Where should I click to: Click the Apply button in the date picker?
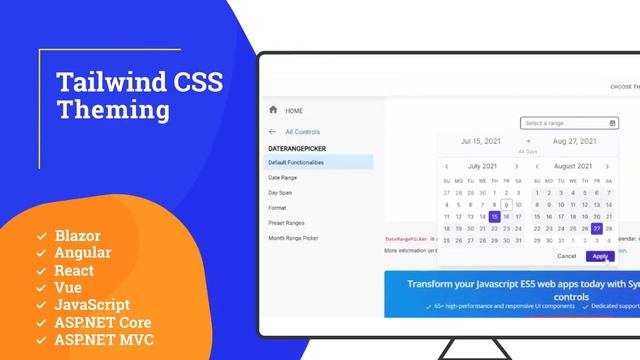coord(599,256)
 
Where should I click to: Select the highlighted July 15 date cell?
coord(494,216)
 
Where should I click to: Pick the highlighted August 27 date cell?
coord(597,228)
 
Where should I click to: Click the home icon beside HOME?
coord(272,109)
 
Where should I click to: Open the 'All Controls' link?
coord(302,131)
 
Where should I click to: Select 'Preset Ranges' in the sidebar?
coord(288,222)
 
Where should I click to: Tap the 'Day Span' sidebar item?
coord(281,192)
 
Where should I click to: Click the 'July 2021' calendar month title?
coord(482,166)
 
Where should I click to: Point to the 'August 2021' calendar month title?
coord(573,166)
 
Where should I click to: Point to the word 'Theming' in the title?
coord(113,108)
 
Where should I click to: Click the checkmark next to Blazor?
coord(41,236)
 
